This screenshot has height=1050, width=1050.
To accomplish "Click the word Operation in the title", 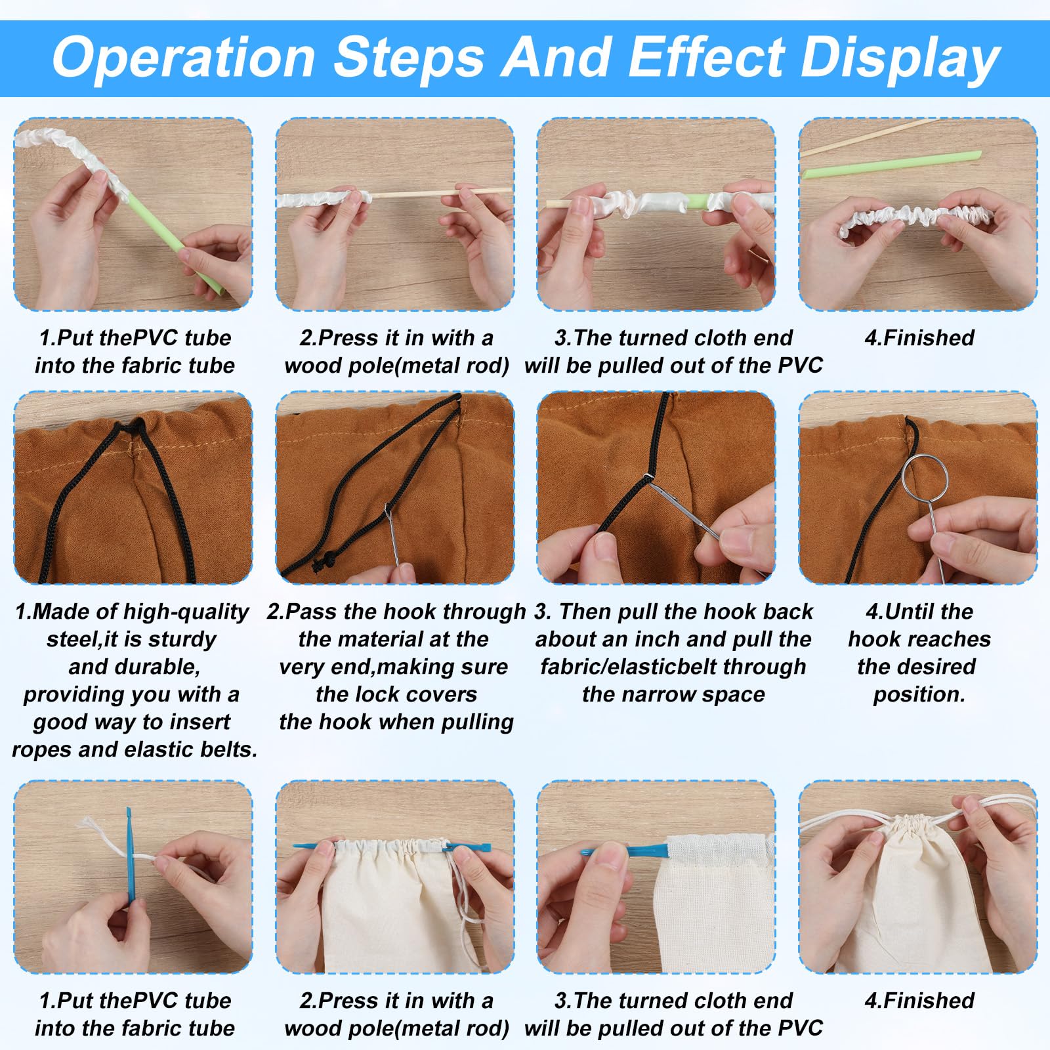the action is coord(184,58).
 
